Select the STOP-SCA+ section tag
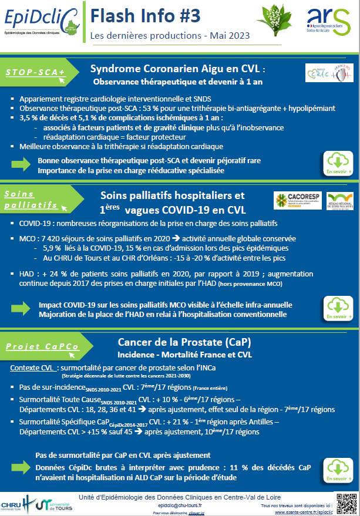coord(36,72)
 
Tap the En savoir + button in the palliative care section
coord(339,308)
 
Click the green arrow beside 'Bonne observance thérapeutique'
coord(22,165)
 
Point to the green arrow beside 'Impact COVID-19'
coord(22,309)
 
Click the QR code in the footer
coord(346,503)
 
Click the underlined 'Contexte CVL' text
coord(34,367)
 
